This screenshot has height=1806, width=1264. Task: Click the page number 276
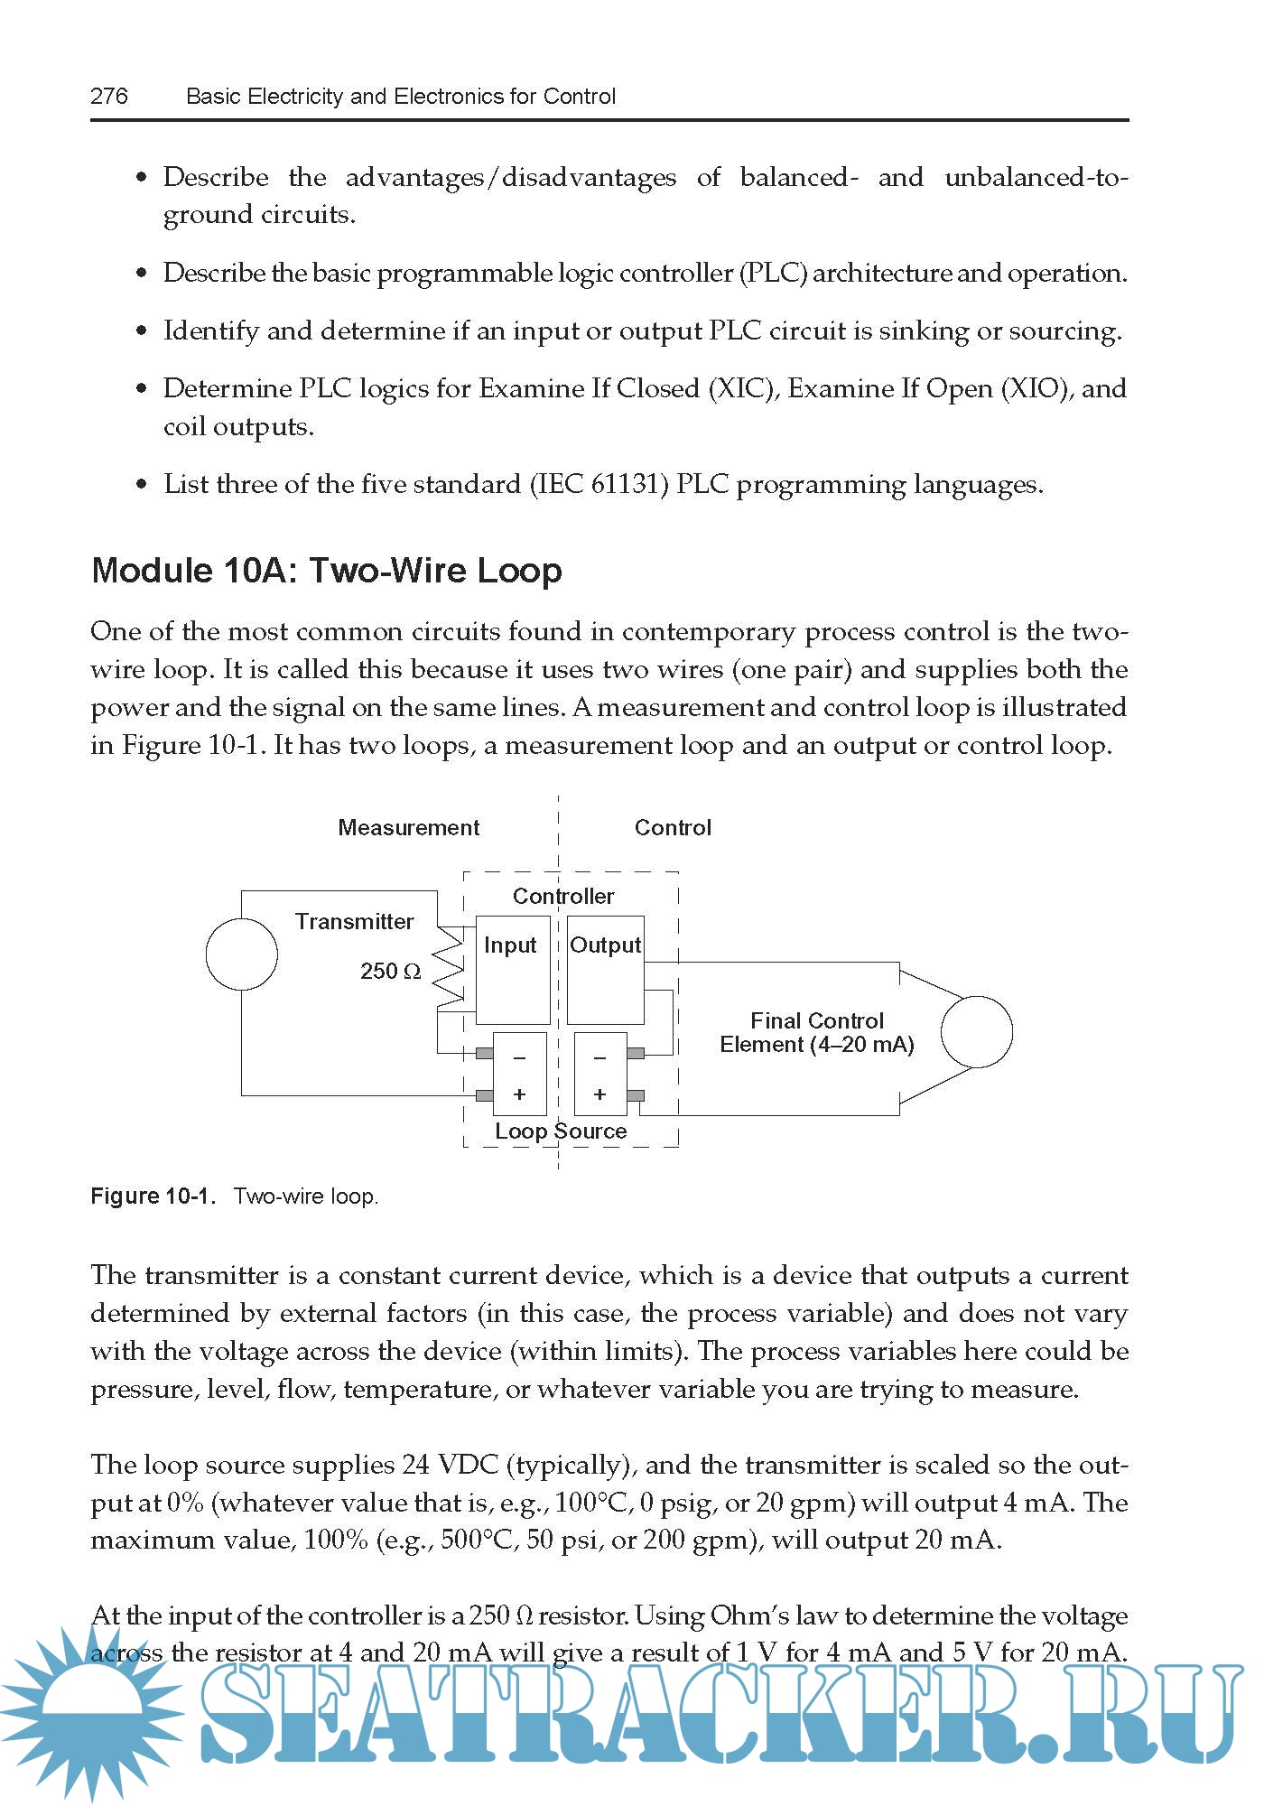coord(109,96)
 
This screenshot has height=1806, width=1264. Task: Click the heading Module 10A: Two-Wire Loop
coord(327,571)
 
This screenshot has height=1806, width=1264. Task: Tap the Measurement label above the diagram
coord(408,827)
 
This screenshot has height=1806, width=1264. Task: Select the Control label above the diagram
coord(673,827)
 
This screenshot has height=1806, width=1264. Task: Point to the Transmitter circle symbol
coord(241,954)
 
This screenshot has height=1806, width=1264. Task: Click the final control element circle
coord(976,1031)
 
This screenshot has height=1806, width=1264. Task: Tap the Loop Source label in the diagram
coord(560,1131)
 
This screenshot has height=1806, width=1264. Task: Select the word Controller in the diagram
coord(563,896)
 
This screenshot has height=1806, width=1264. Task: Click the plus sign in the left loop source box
coord(519,1094)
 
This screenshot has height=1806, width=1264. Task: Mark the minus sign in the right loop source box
coord(599,1057)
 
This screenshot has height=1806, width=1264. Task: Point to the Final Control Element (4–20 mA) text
coord(817,1033)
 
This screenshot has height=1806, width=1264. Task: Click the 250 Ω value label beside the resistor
coord(390,972)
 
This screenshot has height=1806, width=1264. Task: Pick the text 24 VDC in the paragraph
coord(452,1465)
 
